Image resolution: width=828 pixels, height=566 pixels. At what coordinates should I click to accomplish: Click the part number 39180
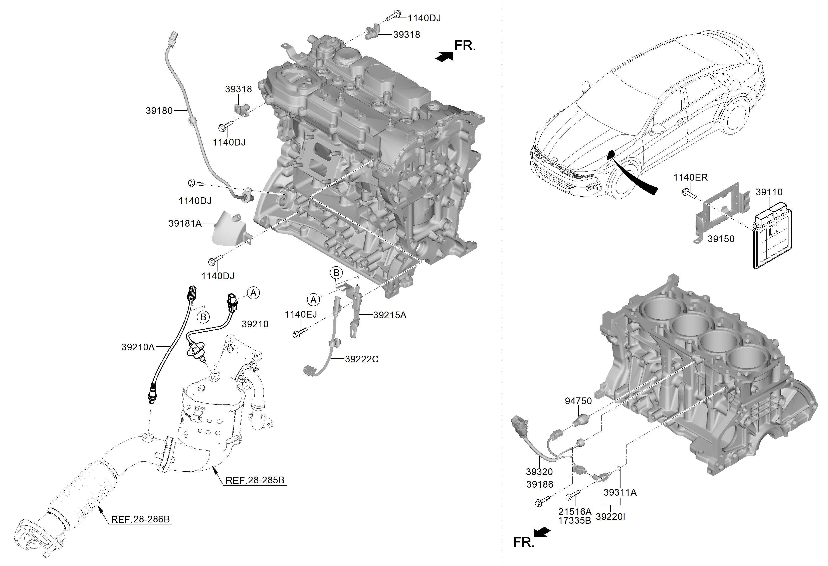159,111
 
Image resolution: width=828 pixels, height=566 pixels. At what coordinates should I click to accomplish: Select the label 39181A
185,223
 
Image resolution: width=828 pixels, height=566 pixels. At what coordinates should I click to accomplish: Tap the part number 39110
769,192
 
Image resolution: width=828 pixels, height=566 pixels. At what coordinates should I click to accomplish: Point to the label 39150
721,239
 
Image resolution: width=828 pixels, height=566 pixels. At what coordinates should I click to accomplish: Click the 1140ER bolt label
690,178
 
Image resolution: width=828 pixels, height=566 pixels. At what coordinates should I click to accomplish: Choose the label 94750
578,401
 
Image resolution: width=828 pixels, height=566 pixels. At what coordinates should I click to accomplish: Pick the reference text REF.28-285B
255,480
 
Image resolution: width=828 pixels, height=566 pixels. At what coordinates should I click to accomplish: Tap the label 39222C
362,359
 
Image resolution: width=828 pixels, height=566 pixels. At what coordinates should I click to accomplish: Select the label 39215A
390,315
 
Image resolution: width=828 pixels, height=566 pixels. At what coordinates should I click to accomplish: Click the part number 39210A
138,347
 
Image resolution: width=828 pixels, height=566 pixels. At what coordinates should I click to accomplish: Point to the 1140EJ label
301,314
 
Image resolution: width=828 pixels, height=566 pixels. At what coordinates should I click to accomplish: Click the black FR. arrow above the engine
444,57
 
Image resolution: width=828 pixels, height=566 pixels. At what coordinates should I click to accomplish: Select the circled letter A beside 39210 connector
253,293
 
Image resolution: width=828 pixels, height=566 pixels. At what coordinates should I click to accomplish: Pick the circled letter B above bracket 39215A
336,273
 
